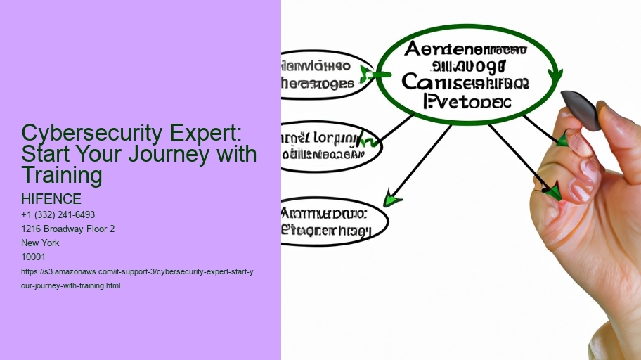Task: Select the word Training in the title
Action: click(x=62, y=174)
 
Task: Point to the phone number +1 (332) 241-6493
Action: click(x=58, y=214)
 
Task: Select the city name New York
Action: click(x=41, y=243)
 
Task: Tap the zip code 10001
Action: click(x=34, y=257)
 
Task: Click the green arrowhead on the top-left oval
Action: click(x=365, y=73)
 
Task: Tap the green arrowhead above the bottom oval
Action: click(x=392, y=200)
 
